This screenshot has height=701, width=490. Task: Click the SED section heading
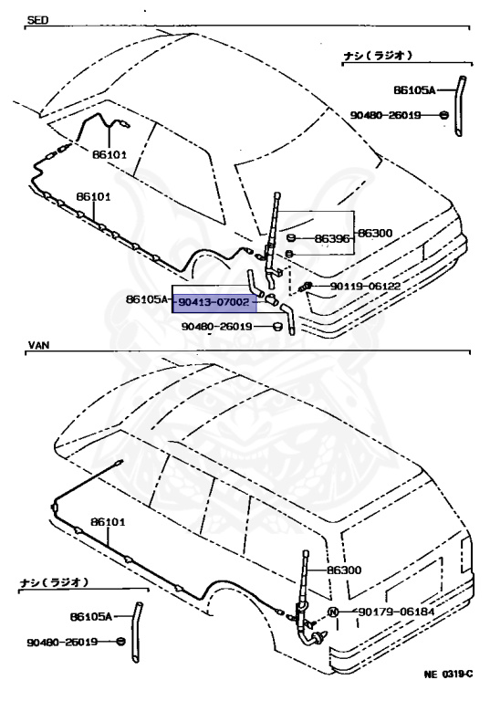36,19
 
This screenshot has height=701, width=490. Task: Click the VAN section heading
36,347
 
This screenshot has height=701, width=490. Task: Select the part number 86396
331,239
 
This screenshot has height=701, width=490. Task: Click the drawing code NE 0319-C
447,675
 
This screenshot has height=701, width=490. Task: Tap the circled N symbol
333,611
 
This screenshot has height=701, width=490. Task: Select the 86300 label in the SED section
374,233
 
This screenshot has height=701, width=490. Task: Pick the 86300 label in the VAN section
345,570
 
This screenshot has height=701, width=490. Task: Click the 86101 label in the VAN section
107,523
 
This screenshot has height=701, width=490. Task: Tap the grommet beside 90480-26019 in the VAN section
120,642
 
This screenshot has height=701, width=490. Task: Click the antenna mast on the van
303,575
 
